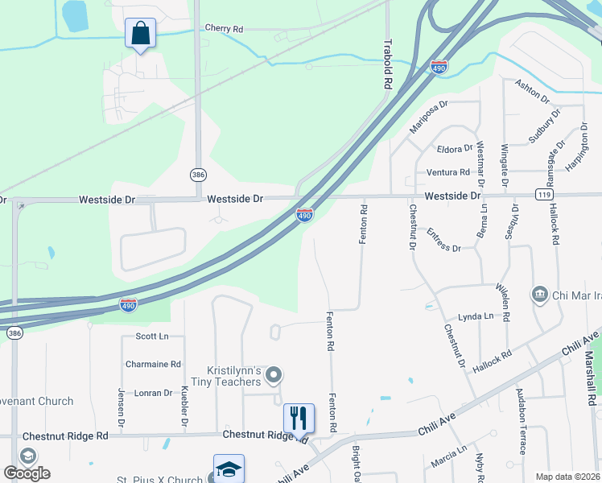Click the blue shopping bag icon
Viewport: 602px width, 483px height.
(x=140, y=34)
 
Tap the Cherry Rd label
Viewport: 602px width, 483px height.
(x=224, y=28)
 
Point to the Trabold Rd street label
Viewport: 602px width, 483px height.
(x=388, y=64)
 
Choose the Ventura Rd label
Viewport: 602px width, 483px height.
(x=447, y=172)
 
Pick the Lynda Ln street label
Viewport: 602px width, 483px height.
(x=475, y=317)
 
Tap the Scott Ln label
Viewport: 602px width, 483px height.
(x=152, y=336)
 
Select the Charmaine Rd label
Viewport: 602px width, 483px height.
(x=153, y=364)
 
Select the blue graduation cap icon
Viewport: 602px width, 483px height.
(x=229, y=469)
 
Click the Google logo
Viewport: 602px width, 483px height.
(x=26, y=473)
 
